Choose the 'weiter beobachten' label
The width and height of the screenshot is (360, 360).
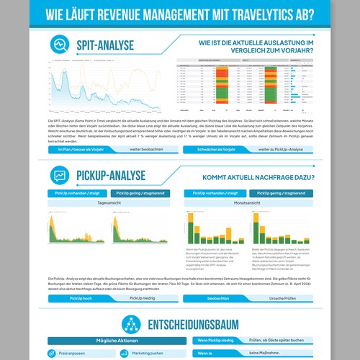tap(145, 149)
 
